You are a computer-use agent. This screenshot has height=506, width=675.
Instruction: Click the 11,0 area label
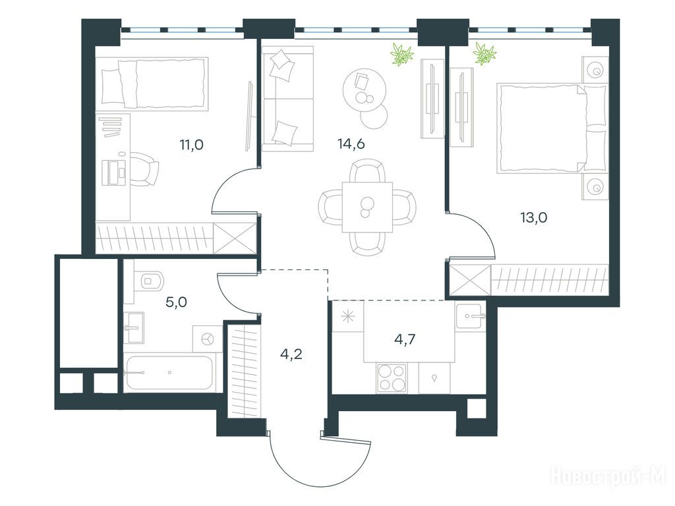(192, 145)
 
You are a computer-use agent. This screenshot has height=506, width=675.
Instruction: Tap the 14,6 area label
(351, 144)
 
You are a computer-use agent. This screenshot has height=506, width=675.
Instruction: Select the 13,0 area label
(534, 217)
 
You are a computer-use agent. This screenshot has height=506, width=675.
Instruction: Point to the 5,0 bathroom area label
(176, 302)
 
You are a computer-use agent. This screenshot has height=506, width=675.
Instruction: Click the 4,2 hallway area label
(291, 354)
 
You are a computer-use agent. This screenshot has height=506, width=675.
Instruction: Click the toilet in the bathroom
(149, 281)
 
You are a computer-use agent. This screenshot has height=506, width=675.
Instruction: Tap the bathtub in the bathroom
(169, 373)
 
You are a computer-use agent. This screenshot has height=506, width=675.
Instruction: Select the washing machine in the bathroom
(208, 339)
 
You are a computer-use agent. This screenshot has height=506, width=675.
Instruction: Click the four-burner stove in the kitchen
(392, 378)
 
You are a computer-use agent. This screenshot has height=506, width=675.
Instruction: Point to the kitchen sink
(471, 316)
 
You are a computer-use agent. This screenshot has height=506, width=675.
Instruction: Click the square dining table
(367, 207)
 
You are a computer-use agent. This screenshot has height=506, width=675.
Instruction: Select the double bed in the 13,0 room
(552, 128)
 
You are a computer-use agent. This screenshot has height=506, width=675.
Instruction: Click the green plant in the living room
(401, 54)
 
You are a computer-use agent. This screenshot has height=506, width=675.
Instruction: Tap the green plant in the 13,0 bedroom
(484, 54)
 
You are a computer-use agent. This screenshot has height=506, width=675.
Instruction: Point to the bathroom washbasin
(134, 327)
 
